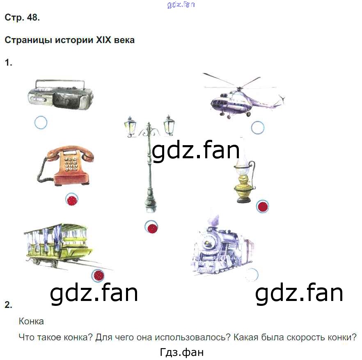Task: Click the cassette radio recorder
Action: [60, 94]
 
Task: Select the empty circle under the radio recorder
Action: [41, 122]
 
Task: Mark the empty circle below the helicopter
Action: [258, 128]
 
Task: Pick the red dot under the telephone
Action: [72, 200]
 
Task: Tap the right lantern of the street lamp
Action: [169, 124]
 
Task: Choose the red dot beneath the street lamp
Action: [152, 228]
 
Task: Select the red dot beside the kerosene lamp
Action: [263, 206]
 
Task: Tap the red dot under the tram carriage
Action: [99, 276]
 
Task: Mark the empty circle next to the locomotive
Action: [253, 274]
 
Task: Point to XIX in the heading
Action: [105, 41]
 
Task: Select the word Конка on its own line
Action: [31, 321]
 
